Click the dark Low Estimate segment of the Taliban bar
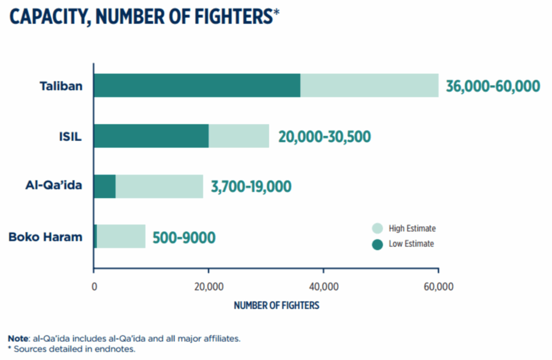click(x=197, y=85)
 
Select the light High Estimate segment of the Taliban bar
click(x=369, y=85)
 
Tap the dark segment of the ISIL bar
click(x=151, y=136)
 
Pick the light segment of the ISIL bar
click(x=239, y=136)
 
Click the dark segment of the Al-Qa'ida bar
click(x=105, y=186)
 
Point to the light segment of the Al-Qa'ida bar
click(x=160, y=186)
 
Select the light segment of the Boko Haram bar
click(x=121, y=237)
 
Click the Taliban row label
click(x=61, y=86)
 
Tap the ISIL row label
click(x=71, y=136)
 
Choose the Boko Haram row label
click(x=46, y=237)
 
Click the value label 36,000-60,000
click(x=493, y=86)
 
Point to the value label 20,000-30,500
click(x=325, y=136)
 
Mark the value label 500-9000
click(x=184, y=237)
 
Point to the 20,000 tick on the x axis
click(x=209, y=286)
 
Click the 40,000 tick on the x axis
click(x=323, y=286)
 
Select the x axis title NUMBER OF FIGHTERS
click(x=277, y=306)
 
